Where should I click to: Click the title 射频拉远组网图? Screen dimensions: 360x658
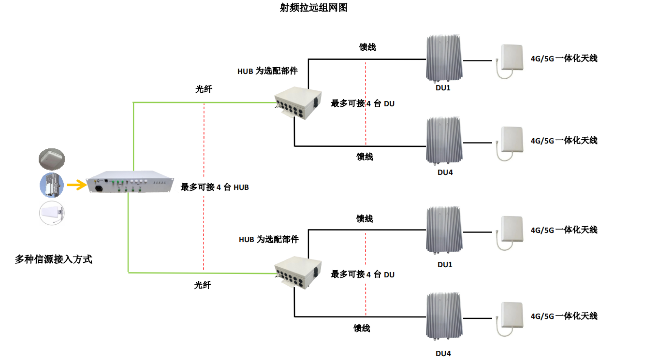tap(313, 8)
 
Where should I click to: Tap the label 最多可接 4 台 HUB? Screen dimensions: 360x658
tap(215, 187)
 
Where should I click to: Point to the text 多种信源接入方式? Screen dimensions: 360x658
tap(53, 259)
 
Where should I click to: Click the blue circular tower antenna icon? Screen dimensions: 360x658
tap(52, 185)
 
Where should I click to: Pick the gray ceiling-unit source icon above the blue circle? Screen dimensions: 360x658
tap(52, 159)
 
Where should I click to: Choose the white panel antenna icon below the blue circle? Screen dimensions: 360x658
tap(52, 213)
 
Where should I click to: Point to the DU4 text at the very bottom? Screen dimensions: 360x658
tap(443, 353)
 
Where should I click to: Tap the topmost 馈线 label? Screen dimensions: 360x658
tap(367, 47)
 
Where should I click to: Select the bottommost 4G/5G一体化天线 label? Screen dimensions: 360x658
tap(564, 316)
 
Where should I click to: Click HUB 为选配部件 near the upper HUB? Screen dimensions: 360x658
tap(267, 71)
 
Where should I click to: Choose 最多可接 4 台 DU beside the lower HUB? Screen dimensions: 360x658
tap(363, 274)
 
